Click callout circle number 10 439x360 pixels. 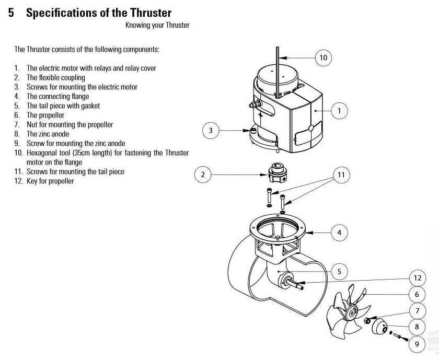(323, 57)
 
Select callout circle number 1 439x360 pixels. (339, 110)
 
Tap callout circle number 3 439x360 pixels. (211, 131)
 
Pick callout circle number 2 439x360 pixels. (203, 175)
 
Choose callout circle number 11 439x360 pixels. (341, 175)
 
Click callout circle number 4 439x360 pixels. (339, 233)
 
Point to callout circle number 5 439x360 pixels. (339, 271)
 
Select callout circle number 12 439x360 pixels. (417, 278)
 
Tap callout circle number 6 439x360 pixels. (417, 295)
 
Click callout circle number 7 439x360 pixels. (417, 311)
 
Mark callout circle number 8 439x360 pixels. (417, 328)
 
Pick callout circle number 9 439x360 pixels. (417, 344)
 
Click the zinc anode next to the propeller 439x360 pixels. (382, 329)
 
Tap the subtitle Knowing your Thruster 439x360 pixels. (157, 25)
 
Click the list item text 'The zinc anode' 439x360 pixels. (48, 134)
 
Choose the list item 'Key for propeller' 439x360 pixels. (50, 181)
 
